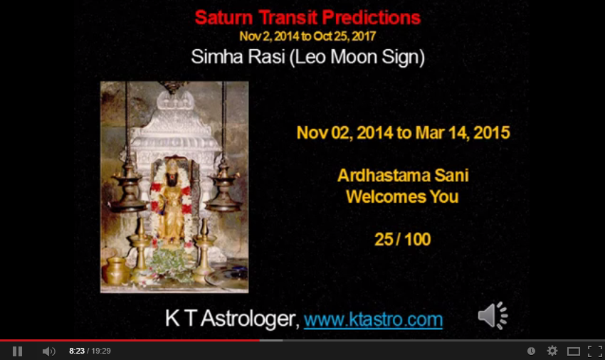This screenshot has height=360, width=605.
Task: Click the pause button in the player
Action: [x=17, y=351]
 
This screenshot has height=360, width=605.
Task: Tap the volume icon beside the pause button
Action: [x=49, y=351]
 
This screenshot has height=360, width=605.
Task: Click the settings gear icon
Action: [x=552, y=351]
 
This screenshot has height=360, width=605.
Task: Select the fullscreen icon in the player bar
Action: [x=594, y=351]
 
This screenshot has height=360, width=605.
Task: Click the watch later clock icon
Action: [x=531, y=351]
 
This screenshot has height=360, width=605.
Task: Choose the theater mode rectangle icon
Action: [x=574, y=351]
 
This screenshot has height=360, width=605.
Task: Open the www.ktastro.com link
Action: [x=373, y=319]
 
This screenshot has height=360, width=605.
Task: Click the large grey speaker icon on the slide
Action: [x=493, y=316]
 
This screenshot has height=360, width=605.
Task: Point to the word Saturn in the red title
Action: [x=223, y=18]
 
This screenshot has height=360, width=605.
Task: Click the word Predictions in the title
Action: [x=371, y=18]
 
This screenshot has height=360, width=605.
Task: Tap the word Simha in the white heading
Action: [x=217, y=57]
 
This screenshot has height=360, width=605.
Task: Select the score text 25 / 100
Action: [x=402, y=240]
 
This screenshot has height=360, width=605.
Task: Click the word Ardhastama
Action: [x=384, y=176]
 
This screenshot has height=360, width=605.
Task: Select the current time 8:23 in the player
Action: [x=77, y=351]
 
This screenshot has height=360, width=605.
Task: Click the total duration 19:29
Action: [x=101, y=351]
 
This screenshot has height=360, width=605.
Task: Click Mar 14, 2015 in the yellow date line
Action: [x=463, y=133]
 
